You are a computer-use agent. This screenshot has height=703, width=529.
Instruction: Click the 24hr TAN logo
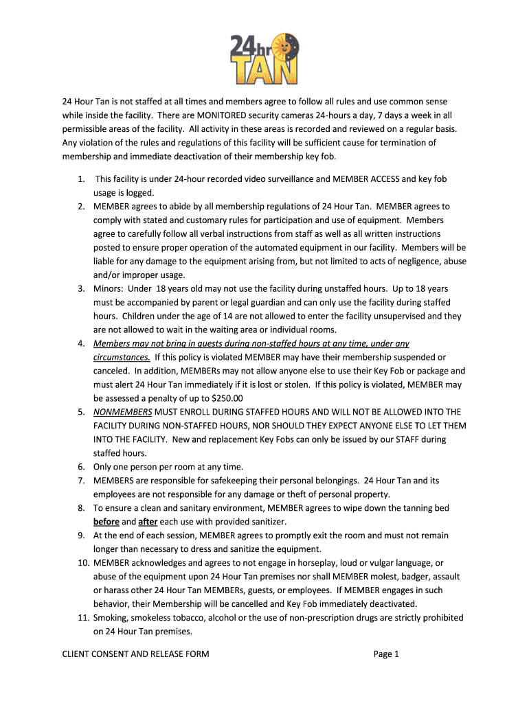click(264, 58)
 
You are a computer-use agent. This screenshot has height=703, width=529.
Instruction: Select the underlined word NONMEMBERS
click(123, 412)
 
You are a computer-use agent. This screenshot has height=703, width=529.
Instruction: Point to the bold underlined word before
click(106, 522)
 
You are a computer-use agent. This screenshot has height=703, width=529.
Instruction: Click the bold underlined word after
click(148, 522)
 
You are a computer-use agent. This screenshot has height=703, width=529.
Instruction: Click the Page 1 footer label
click(386, 654)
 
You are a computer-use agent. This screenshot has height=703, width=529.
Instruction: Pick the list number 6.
click(80, 467)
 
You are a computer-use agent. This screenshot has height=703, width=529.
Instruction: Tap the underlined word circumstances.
click(122, 357)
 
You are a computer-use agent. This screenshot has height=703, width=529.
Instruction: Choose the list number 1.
click(80, 179)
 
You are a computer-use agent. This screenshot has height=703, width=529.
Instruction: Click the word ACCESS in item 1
click(384, 179)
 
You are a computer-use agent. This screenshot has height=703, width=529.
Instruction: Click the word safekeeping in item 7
click(222, 481)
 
